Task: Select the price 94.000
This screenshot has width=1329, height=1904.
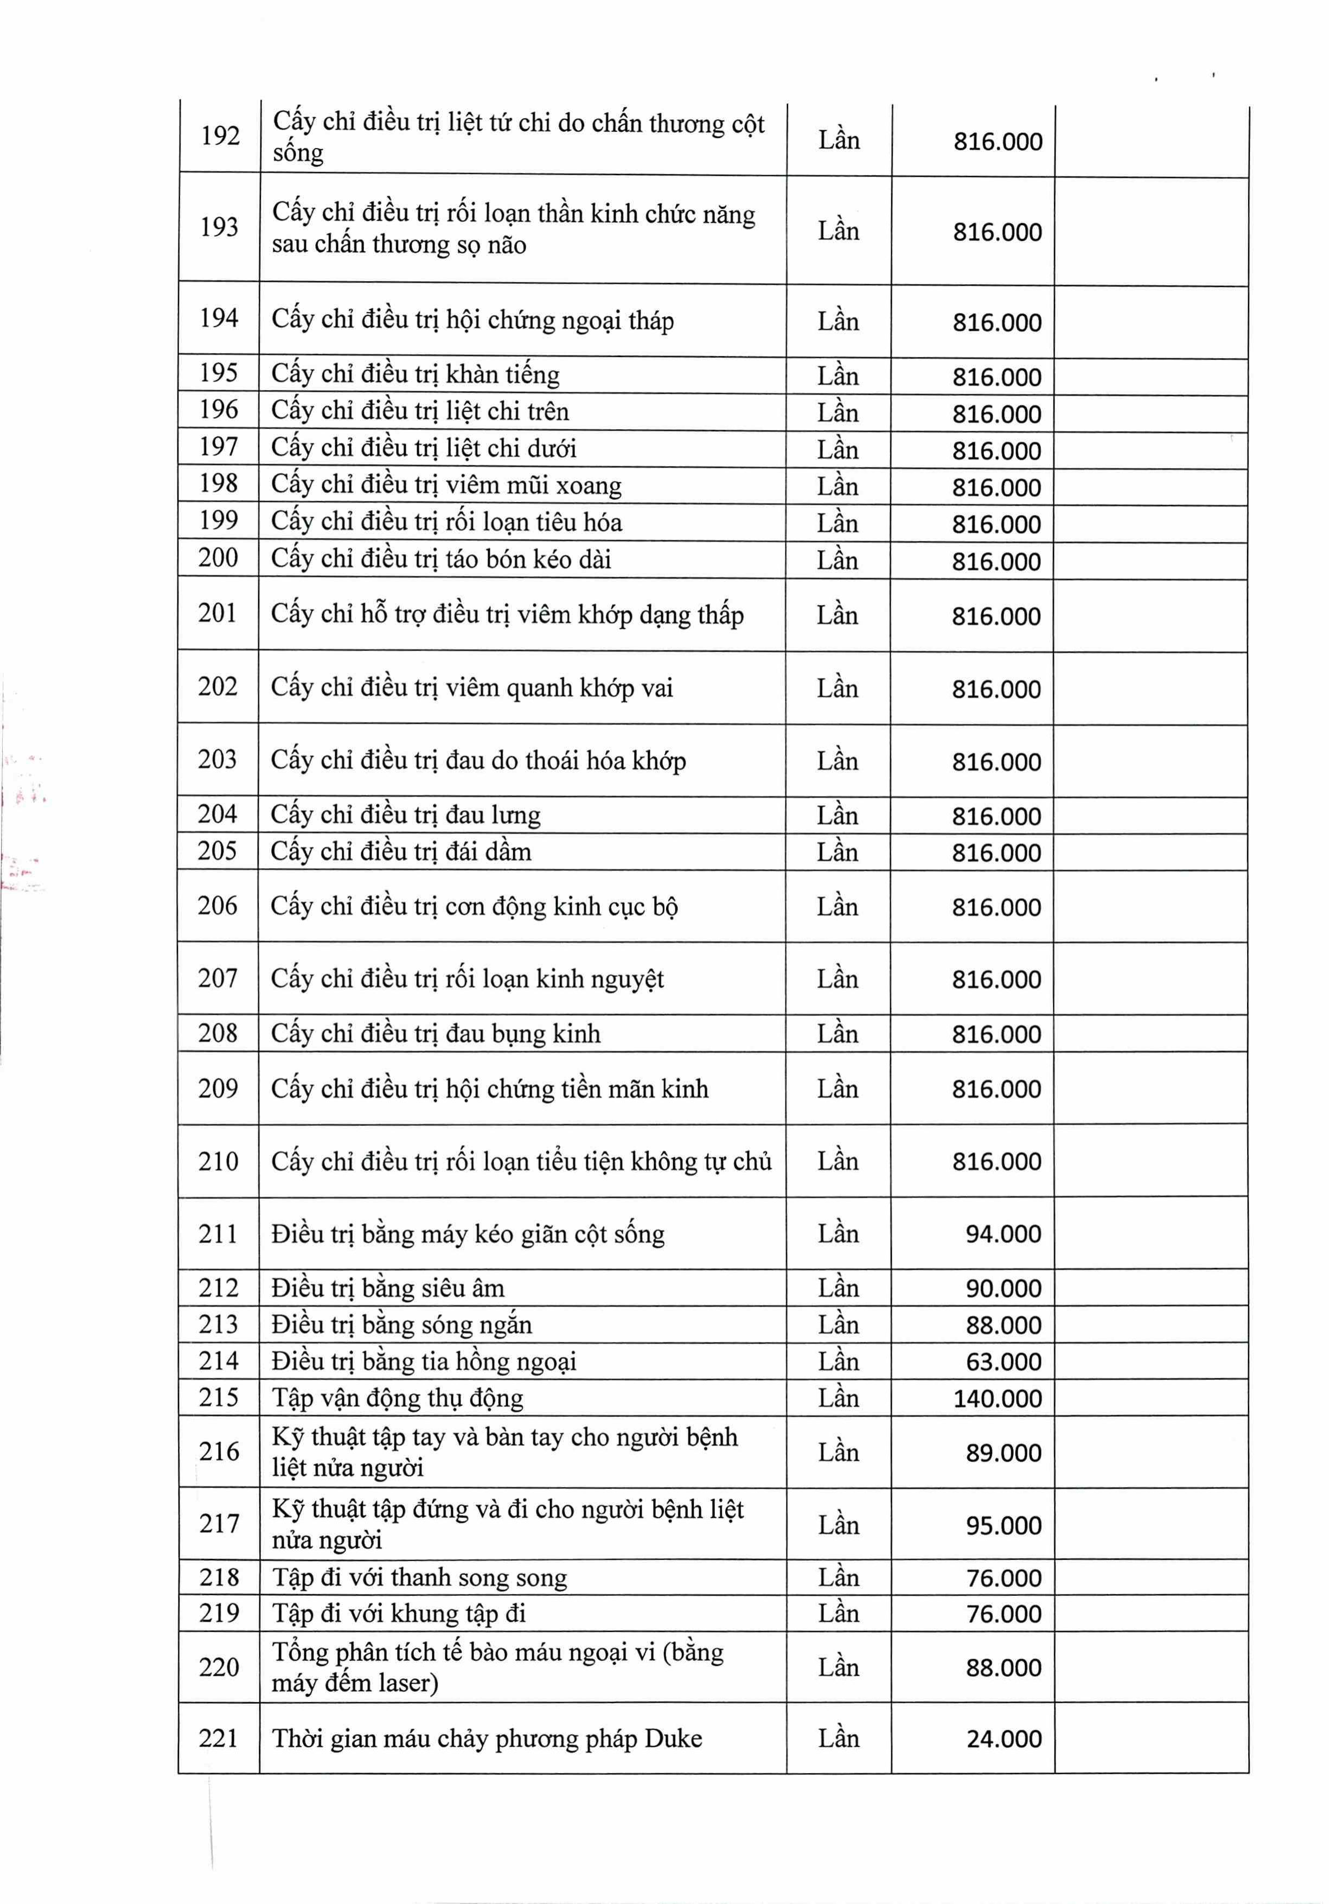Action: coord(1003,1234)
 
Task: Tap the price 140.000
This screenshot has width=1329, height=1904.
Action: coord(998,1399)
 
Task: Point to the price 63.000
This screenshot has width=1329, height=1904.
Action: coord(1003,1361)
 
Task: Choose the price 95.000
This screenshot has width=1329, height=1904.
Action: coord(1003,1526)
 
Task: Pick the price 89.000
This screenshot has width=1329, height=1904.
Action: coord(1003,1453)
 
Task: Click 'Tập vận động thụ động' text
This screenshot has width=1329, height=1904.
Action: coord(397,1398)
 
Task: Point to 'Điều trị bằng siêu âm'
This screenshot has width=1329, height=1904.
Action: coord(388,1288)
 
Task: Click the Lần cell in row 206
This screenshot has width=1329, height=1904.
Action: coord(838,906)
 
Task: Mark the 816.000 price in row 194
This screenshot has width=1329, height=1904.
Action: coord(996,323)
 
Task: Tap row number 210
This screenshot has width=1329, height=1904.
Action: coord(218,1161)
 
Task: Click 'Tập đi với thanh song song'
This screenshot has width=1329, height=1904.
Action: coord(419,1577)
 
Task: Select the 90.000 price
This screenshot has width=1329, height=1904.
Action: coord(1003,1289)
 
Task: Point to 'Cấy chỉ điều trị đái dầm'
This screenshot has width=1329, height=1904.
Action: coord(401,852)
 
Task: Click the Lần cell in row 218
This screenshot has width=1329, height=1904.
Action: coord(838,1577)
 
